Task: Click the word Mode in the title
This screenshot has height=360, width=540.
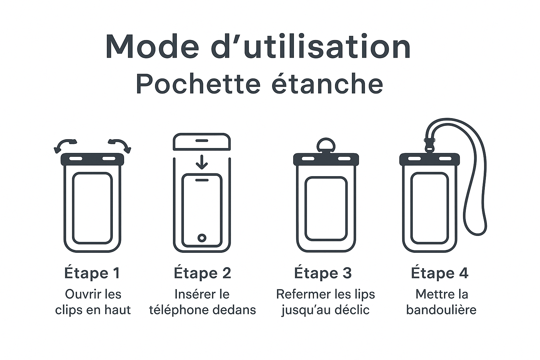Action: coord(152,47)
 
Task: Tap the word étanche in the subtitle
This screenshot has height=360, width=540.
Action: coord(327,83)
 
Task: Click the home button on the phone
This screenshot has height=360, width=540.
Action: coord(202,238)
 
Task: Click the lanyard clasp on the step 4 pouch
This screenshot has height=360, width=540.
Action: coord(429,146)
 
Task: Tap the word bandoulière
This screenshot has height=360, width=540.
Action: coord(441,310)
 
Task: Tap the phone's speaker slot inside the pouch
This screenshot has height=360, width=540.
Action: coord(202,180)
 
